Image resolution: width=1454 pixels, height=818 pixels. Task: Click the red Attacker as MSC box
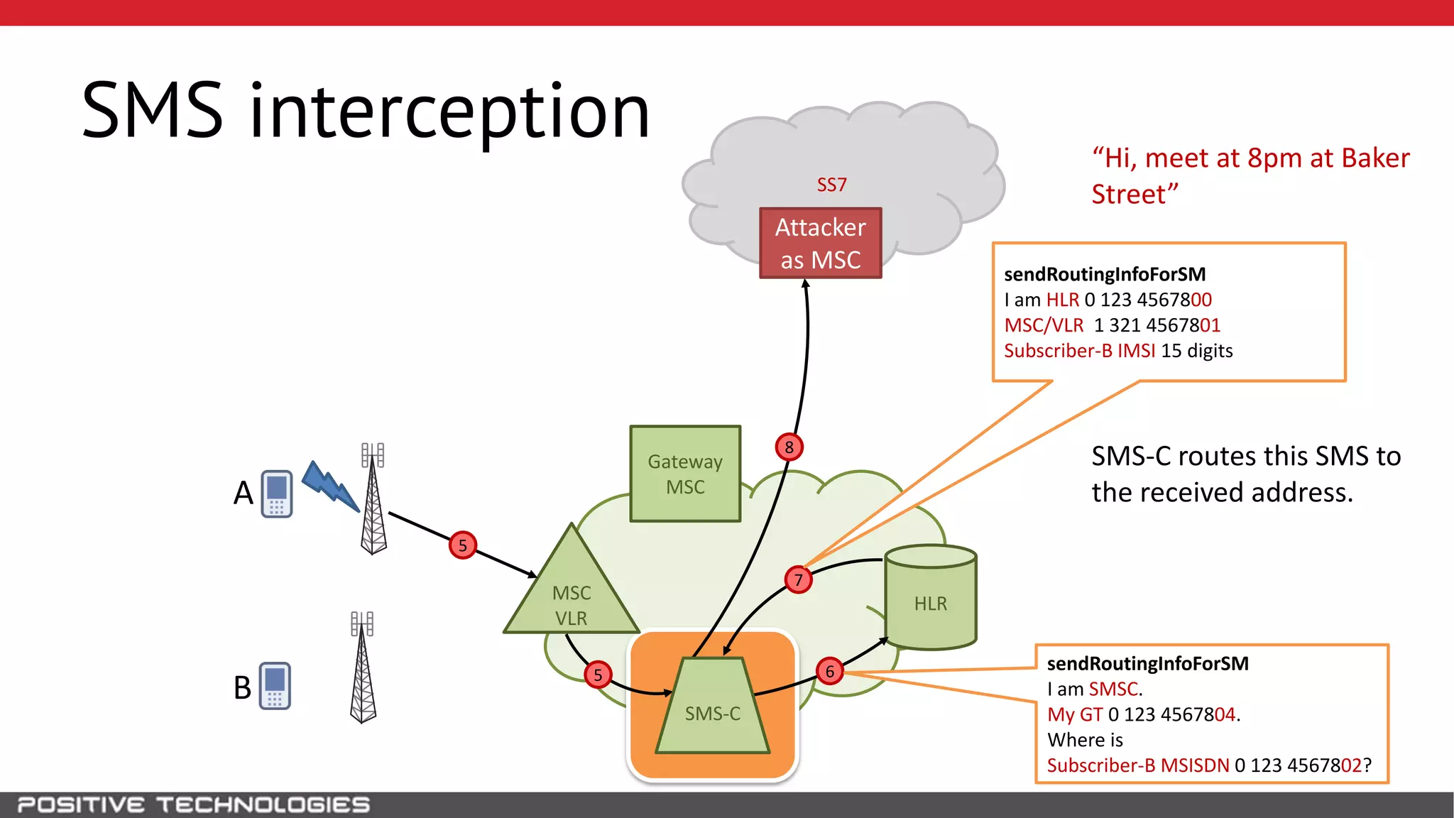tap(820, 243)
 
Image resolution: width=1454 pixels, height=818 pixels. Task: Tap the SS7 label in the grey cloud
tap(831, 185)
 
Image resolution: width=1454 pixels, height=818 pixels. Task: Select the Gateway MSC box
tap(685, 474)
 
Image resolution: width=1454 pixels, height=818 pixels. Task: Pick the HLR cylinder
tap(930, 600)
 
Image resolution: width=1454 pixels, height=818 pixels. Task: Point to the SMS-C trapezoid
tap(713, 710)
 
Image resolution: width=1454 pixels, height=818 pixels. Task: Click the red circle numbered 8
tap(789, 447)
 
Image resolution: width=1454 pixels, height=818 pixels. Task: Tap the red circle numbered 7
tap(799, 580)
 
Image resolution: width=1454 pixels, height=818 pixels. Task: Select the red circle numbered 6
tap(829, 671)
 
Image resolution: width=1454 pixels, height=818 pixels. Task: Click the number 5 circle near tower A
tap(463, 545)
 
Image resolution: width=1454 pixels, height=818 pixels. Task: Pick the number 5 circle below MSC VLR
tap(598, 675)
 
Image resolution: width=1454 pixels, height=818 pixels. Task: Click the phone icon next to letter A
tap(277, 493)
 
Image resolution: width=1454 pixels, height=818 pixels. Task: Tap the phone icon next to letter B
tap(275, 686)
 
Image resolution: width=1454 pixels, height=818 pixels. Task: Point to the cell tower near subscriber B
tap(363, 667)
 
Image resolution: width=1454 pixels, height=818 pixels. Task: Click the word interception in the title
tap(450, 111)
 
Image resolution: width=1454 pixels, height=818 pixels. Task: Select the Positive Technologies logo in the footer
tap(193, 805)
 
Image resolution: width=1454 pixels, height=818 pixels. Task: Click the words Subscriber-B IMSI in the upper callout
tap(1079, 351)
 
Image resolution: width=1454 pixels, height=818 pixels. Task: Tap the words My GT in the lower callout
tap(1075, 714)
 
